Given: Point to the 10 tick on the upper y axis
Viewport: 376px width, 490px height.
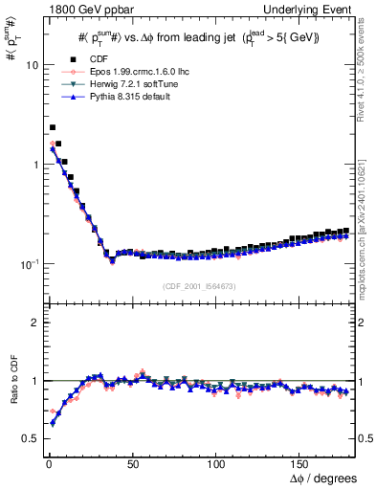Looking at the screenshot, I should (30, 65).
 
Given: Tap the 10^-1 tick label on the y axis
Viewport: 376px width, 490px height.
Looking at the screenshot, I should (27, 263).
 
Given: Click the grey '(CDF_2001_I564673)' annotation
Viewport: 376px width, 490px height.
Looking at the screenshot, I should (200, 286).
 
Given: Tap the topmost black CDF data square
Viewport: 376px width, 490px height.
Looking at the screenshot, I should (53, 127).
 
